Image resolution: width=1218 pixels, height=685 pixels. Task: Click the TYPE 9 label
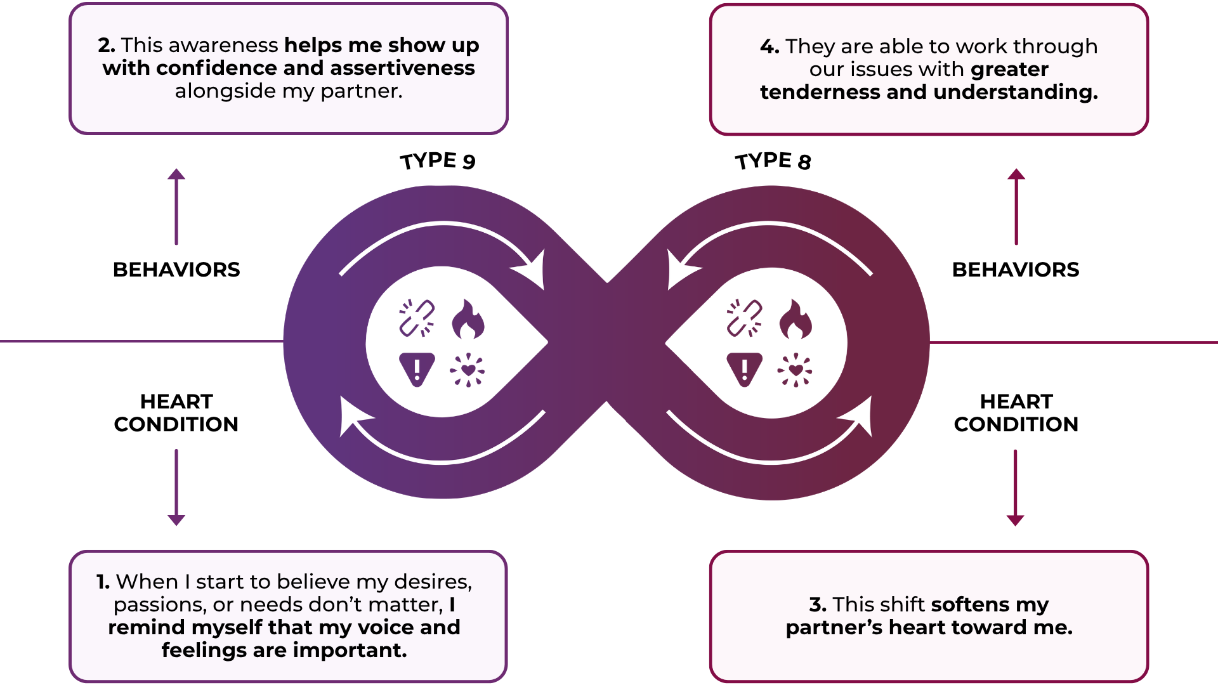pyautogui.click(x=438, y=161)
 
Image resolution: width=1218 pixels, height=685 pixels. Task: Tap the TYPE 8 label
pyautogui.click(x=773, y=161)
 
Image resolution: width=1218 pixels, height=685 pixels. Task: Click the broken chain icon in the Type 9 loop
pyautogui.click(x=417, y=318)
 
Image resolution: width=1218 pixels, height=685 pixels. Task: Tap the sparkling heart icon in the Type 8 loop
pyautogui.click(x=795, y=370)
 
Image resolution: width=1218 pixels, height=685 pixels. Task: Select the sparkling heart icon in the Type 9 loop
pyautogui.click(x=468, y=370)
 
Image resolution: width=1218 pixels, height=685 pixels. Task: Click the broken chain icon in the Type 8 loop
pyautogui.click(x=744, y=318)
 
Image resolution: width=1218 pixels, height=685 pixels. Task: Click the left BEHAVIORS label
pyautogui.click(x=176, y=270)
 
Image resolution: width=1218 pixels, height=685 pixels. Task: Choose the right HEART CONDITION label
pyautogui.click(x=1016, y=413)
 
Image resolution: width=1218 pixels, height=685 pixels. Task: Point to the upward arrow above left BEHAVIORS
pyautogui.click(x=176, y=206)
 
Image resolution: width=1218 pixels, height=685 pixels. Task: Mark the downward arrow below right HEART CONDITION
pyautogui.click(x=1016, y=488)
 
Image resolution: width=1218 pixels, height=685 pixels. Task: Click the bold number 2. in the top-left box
pyautogui.click(x=107, y=46)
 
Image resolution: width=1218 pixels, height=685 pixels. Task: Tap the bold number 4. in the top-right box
pyautogui.click(x=769, y=47)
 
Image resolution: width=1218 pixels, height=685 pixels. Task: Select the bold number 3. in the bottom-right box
pyautogui.click(x=818, y=604)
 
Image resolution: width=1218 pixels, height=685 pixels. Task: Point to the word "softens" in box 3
pyautogui.click(x=970, y=604)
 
